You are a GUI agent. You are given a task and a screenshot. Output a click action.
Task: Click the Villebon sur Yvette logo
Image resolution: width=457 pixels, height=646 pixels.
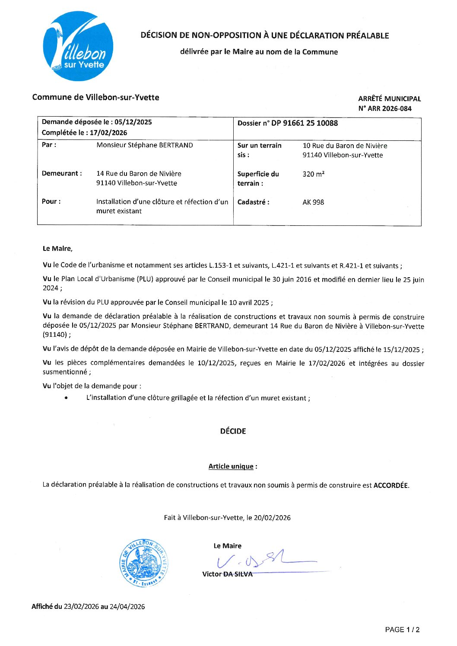click(78, 46)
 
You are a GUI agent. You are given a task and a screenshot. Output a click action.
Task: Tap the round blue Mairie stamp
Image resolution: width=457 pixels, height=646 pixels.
click(143, 563)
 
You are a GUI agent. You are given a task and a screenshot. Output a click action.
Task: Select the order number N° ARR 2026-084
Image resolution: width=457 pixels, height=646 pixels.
click(385, 108)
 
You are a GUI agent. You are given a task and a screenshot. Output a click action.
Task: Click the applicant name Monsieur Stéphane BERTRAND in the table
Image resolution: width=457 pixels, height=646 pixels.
click(145, 145)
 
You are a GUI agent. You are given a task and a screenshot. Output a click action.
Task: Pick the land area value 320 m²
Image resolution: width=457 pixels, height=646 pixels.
click(314, 174)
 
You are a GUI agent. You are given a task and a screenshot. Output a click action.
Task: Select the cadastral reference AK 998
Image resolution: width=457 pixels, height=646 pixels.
click(313, 202)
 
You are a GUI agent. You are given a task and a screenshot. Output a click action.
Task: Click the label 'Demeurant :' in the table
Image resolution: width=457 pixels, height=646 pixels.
click(62, 174)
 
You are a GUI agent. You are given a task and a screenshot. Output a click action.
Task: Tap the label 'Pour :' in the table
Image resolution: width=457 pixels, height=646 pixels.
click(51, 202)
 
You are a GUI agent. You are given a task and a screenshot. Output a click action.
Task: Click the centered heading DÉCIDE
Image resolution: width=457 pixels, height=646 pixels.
click(233, 431)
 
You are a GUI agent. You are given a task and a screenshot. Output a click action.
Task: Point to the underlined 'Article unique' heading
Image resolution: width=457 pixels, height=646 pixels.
click(231, 466)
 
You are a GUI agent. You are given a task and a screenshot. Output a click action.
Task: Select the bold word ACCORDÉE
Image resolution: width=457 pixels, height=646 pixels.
click(390, 485)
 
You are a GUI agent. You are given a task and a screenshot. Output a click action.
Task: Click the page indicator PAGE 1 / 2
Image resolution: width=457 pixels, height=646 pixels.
click(402, 630)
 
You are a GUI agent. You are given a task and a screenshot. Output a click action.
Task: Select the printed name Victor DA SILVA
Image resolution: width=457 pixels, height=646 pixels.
click(227, 574)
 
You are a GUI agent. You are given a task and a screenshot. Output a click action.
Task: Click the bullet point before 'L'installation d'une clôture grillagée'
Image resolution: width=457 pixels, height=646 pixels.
click(66, 398)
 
